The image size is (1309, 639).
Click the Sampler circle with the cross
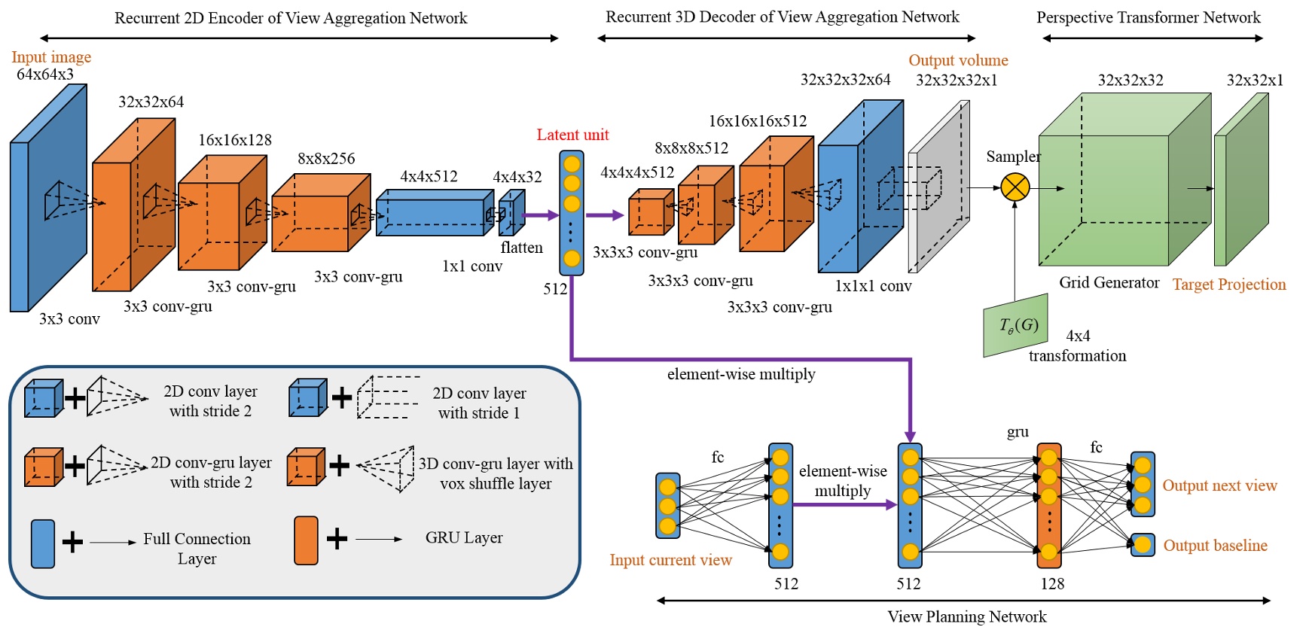(1015, 187)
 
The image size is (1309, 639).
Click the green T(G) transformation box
(1015, 325)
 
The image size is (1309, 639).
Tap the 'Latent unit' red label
(572, 135)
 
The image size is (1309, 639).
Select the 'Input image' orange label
(51, 57)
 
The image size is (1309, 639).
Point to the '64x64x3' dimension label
(45, 75)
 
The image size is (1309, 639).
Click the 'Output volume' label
(958, 60)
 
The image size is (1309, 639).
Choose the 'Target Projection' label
(1229, 285)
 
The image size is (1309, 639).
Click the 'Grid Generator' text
(1109, 282)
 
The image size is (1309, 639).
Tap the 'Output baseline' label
(1215, 546)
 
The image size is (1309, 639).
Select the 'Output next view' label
(1219, 485)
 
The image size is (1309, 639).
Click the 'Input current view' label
(670, 560)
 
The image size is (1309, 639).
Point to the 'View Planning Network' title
(966, 617)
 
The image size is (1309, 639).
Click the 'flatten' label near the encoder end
(521, 248)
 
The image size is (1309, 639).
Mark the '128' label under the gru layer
(1052, 584)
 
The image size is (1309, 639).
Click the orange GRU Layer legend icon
(306, 540)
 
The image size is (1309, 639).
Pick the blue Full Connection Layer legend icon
(43, 543)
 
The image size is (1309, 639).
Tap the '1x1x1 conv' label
(873, 286)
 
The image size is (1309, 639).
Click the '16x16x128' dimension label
(235, 140)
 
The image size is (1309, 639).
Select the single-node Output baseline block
(1143, 545)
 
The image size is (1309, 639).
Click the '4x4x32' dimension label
(517, 177)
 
